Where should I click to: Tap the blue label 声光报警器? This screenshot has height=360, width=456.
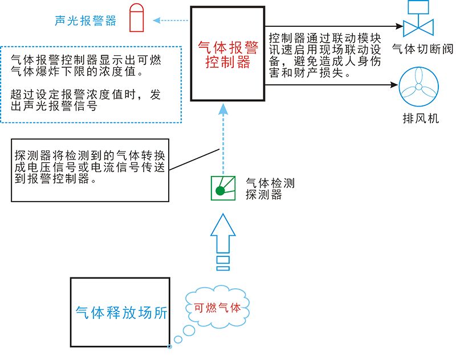tap(85, 21)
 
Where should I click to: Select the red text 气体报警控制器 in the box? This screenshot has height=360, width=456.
tap(227, 55)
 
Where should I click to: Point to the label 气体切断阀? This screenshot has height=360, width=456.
tap(422, 49)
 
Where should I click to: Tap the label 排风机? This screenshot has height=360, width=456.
tap(421, 119)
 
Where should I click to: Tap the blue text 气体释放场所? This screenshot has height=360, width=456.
tap(121, 313)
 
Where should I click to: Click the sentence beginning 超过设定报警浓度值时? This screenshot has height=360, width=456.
tap(85, 100)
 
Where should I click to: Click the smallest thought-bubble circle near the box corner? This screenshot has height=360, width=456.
tap(169, 345)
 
